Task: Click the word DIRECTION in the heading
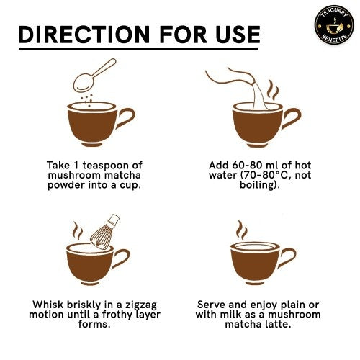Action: pyautogui.click(x=84, y=35)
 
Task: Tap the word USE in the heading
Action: pyautogui.click(x=238, y=35)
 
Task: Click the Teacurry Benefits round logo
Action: pyautogui.click(x=334, y=25)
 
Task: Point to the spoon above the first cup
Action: pyautogui.click(x=94, y=76)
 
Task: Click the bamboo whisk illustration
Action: pyautogui.click(x=105, y=232)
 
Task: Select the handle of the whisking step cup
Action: pyautogui.click(x=122, y=258)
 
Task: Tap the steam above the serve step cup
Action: pyautogui.click(x=241, y=230)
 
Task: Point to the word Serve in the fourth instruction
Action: pyautogui.click(x=211, y=305)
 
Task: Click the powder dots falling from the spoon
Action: pyautogui.click(x=87, y=100)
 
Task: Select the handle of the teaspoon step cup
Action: pyautogui.click(x=125, y=118)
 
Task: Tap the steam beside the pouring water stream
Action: pyautogui.click(x=273, y=90)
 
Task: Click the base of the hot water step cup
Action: pyautogui.click(x=257, y=145)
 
